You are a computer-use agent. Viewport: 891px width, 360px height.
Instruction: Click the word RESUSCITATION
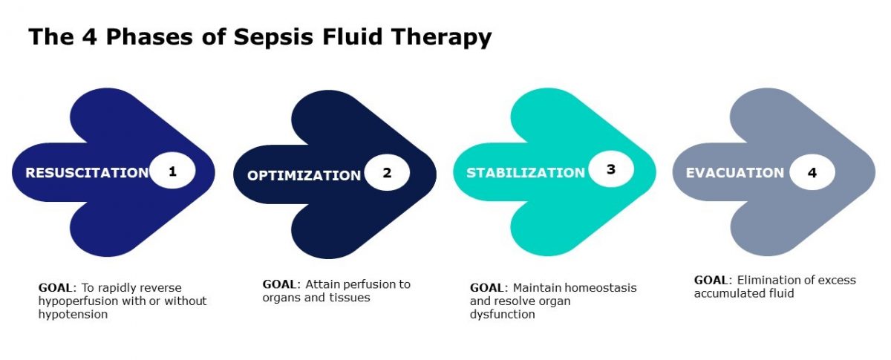click(87, 173)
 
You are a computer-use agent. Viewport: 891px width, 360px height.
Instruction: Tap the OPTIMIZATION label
click(304, 175)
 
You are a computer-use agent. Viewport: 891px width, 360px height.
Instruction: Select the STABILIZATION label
click(526, 173)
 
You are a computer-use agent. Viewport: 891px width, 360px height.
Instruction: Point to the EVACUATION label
click(735, 173)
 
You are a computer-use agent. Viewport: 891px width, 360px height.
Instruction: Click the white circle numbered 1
click(172, 171)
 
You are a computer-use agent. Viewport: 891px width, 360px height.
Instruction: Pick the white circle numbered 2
click(387, 174)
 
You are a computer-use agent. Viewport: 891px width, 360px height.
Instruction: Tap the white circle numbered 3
click(611, 169)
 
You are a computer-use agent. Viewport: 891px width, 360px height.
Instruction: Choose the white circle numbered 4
click(812, 173)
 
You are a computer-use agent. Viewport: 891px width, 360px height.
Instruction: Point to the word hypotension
click(73, 314)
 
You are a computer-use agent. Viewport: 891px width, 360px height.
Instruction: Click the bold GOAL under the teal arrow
click(486, 287)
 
